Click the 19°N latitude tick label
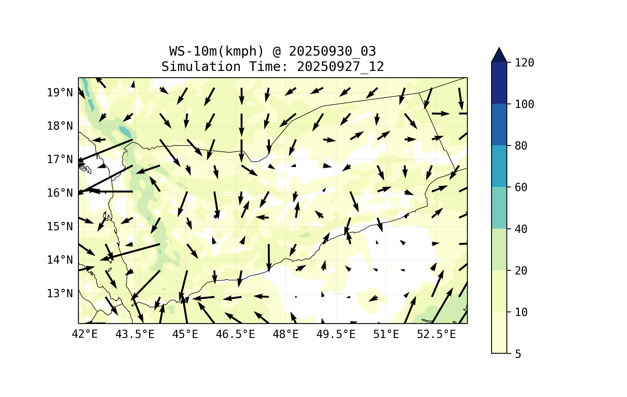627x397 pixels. coord(60,93)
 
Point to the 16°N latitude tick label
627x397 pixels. coord(60,193)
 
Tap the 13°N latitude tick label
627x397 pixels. coord(60,294)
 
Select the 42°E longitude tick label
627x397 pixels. coord(85,334)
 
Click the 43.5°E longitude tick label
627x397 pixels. coord(135,334)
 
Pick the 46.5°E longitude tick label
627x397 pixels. coord(235,334)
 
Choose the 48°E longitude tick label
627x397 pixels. coord(286,334)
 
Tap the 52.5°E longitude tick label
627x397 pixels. coord(436,334)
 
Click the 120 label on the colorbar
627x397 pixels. coord(524,63)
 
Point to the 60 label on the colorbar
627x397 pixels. coord(521,187)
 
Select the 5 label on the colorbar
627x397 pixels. coord(518,354)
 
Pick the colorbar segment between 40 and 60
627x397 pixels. coord(499,208)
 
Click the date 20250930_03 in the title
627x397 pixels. coord(332,51)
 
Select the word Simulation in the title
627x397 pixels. coord(201,67)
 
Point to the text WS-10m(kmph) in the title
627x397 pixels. coord(217,51)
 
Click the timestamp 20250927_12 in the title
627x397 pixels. coord(340,67)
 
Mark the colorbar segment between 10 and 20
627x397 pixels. coord(499,291)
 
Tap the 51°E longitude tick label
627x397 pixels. coord(386,334)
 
